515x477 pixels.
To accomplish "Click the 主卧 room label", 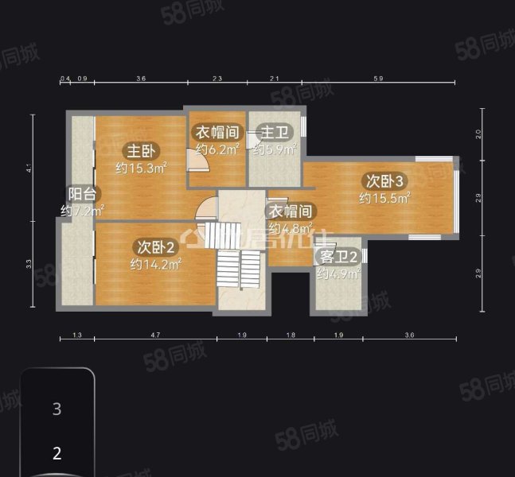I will [x=142, y=150].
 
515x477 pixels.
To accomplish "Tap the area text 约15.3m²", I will [x=140, y=168].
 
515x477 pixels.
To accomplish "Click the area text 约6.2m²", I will [x=218, y=149].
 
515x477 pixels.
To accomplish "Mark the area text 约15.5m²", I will [x=384, y=198].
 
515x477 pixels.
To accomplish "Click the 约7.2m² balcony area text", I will [x=83, y=211].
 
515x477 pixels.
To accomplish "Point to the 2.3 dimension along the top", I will [x=217, y=79].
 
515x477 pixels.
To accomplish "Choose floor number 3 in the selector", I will [x=57, y=409].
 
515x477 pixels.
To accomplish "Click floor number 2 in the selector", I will [x=57, y=454].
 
